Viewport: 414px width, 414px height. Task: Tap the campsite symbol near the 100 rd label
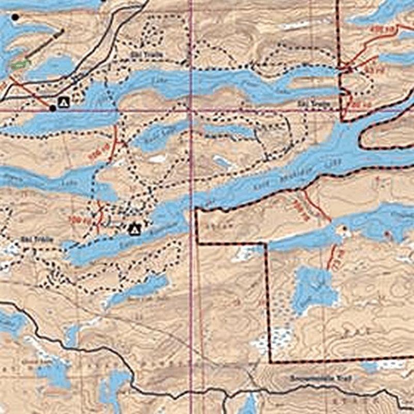tap(135, 228)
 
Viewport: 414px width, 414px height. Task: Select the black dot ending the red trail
tap(53, 108)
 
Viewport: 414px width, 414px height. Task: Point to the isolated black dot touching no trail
tap(15, 18)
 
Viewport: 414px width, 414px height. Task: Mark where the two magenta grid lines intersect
tap(191, 110)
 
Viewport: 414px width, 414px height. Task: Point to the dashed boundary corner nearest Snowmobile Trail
tap(270, 361)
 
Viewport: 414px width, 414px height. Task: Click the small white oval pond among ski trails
tap(156, 159)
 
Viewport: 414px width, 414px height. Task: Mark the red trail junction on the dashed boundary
tap(347, 68)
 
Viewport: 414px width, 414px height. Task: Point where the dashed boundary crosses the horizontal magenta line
tap(342, 110)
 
